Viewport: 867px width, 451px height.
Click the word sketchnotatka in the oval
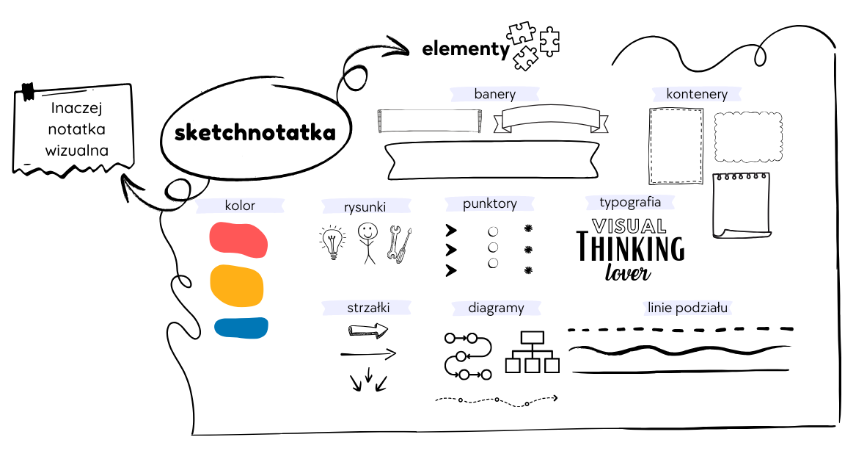click(255, 133)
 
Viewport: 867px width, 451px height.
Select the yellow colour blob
click(237, 286)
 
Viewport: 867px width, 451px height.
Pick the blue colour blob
click(241, 328)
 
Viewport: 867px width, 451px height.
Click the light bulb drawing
click(333, 242)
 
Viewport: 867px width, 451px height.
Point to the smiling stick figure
click(367, 243)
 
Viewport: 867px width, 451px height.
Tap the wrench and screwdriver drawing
click(400, 243)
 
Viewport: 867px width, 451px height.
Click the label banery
click(495, 94)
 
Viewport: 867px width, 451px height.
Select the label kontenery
click(697, 94)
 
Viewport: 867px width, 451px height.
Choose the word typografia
click(630, 202)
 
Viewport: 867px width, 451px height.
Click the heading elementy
click(466, 48)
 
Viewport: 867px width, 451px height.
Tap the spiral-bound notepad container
click(742, 206)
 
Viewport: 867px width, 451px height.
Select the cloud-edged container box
click(748, 137)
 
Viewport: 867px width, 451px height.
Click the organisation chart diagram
click(532, 352)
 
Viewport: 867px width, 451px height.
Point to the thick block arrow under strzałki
click(367, 331)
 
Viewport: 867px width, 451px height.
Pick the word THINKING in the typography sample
click(630, 248)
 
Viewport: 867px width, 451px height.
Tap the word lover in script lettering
click(628, 273)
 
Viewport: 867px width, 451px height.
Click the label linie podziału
click(687, 308)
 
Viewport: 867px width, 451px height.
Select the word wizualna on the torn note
click(77, 151)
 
